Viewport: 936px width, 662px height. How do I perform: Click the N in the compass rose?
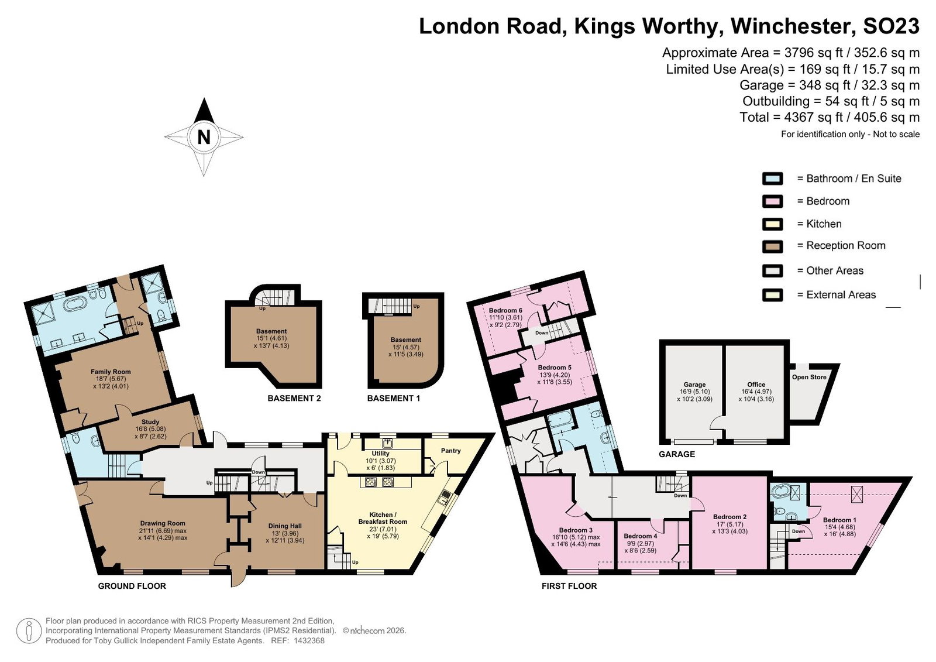point(204,137)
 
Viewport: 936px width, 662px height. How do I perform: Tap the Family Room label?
point(111,371)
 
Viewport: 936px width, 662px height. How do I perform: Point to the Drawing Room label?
point(163,523)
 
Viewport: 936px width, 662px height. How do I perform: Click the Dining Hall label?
point(285,526)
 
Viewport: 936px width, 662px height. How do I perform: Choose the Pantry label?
point(450,450)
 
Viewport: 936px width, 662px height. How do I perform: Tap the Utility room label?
point(380,453)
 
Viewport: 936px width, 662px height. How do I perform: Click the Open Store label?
point(809,377)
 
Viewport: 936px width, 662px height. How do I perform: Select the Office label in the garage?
point(756,385)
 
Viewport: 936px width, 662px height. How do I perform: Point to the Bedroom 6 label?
point(505,310)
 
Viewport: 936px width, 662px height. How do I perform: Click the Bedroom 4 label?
point(640,536)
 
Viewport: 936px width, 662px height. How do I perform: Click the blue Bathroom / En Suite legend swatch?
point(772,179)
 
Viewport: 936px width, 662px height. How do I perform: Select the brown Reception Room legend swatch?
point(772,246)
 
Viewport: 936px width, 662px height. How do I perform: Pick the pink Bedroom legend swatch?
point(772,201)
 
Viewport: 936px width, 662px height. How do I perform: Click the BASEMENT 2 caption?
point(294,399)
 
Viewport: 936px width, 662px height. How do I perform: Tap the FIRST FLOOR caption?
point(569,586)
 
